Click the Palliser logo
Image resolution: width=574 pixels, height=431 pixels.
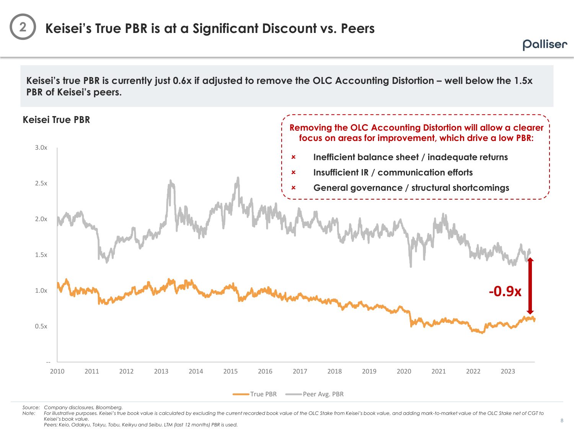tap(545, 44)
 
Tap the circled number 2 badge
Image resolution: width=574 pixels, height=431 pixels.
tap(23, 27)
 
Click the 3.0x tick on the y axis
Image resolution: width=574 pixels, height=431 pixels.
tap(41, 147)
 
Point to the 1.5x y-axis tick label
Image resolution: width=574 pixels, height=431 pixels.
tap(41, 255)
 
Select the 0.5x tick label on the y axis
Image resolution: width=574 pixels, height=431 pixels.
tap(41, 326)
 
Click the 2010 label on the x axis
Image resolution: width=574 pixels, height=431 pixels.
tap(57, 371)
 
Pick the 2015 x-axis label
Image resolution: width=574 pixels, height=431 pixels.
tap(230, 371)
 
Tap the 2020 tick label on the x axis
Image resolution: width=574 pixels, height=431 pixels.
tap(404, 371)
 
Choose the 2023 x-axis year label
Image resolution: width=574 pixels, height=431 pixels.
tap(508, 371)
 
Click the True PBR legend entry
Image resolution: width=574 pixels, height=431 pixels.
tap(255, 394)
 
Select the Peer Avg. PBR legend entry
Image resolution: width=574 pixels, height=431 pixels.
tap(315, 394)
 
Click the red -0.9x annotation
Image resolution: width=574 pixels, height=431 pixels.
tap(505, 292)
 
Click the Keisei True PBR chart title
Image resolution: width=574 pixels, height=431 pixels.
tap(56, 120)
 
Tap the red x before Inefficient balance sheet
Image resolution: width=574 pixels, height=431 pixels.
tap(294, 157)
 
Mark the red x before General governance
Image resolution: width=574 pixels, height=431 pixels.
tap(294, 188)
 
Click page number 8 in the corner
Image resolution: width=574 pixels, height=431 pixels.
tap(562, 421)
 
